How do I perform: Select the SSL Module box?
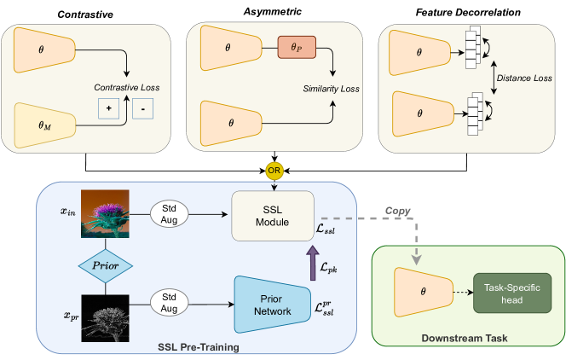coord(272,221)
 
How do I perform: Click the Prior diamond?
coord(105,260)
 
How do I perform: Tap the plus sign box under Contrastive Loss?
coord(109,110)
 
